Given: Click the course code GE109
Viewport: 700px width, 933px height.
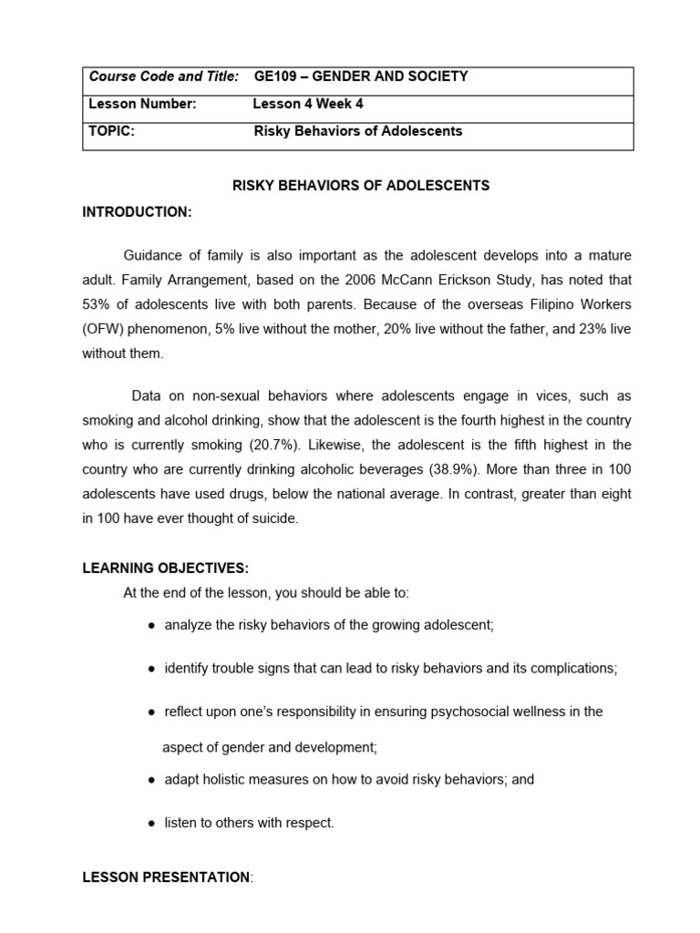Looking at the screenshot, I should coord(273,77).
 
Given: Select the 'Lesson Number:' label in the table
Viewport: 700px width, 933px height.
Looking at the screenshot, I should coord(142,104).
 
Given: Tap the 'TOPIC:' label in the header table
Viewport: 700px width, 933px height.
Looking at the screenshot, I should coord(112,131).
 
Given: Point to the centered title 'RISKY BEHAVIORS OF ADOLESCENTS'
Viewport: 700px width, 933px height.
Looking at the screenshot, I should coord(361,186).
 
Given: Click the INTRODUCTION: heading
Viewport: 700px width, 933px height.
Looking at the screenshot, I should coord(137,212).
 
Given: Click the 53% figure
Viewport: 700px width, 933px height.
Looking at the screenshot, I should coord(98,304).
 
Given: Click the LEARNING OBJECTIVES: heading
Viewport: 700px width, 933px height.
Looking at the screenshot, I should coord(165,569).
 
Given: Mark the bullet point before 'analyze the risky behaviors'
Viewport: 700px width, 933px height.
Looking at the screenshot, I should coord(150,626).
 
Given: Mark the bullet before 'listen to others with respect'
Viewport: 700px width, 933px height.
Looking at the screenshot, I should coord(150,824).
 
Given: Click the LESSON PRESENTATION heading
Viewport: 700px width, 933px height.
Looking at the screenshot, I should coord(166,877).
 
